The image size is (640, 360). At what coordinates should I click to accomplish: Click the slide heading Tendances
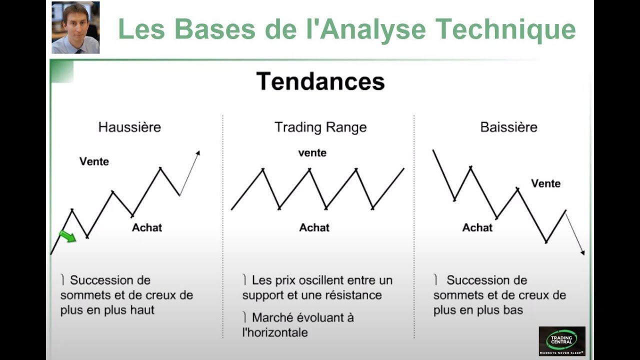(x=320, y=81)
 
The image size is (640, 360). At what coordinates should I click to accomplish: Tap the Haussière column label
(x=129, y=127)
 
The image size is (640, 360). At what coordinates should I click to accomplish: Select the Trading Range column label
(x=320, y=127)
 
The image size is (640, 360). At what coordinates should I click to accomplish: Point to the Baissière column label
(x=508, y=127)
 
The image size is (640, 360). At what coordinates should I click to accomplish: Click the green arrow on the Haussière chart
(x=67, y=236)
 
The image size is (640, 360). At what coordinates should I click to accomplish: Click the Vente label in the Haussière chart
(x=94, y=161)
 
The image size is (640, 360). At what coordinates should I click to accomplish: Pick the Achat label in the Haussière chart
(x=147, y=227)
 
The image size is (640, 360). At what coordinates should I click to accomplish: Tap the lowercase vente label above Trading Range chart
(x=312, y=153)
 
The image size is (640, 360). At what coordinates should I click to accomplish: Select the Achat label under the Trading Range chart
(x=314, y=227)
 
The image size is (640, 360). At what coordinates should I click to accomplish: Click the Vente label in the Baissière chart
(x=545, y=183)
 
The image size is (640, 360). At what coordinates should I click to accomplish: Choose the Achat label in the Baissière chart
(x=477, y=227)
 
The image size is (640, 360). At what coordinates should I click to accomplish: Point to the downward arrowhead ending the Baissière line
(x=582, y=252)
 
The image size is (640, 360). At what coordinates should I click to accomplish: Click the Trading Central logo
(x=561, y=341)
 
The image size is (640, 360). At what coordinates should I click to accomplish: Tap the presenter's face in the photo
(x=75, y=18)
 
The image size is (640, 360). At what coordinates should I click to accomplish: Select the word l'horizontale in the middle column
(x=275, y=332)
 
